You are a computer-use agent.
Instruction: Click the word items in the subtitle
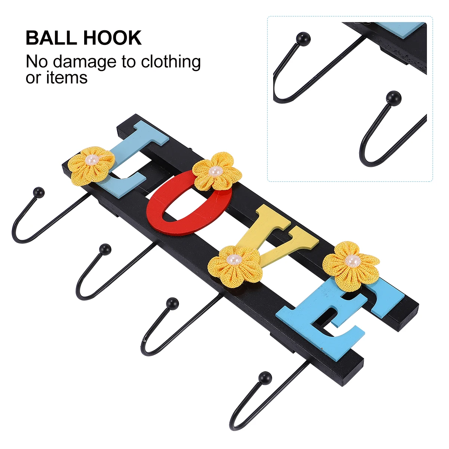[x=67, y=77]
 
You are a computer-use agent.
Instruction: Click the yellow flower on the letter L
[x=92, y=166]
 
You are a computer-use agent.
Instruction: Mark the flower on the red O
[x=217, y=172]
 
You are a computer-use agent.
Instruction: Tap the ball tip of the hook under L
[x=39, y=192]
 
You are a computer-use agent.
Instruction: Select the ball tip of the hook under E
[x=265, y=377]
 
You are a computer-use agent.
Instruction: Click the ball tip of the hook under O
[x=105, y=249]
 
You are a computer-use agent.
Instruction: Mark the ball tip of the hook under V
[x=172, y=303]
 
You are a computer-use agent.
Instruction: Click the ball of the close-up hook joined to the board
[x=303, y=39]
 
